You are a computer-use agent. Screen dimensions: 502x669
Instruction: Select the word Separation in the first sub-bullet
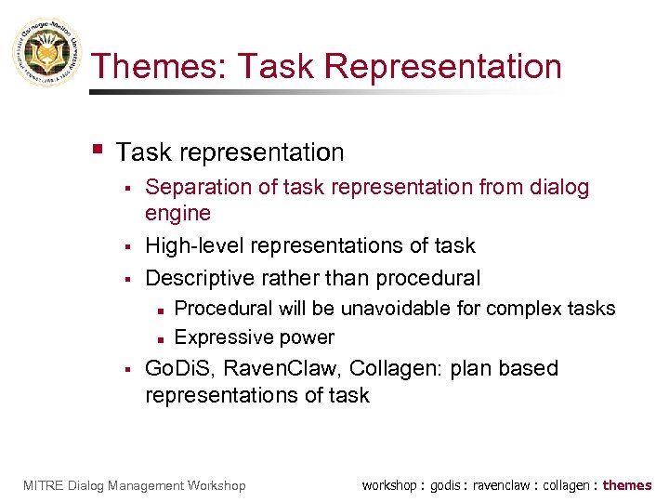tap(198, 188)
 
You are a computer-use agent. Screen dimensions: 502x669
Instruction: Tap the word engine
tap(177, 214)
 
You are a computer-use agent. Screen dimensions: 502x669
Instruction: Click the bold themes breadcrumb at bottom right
tap(627, 485)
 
